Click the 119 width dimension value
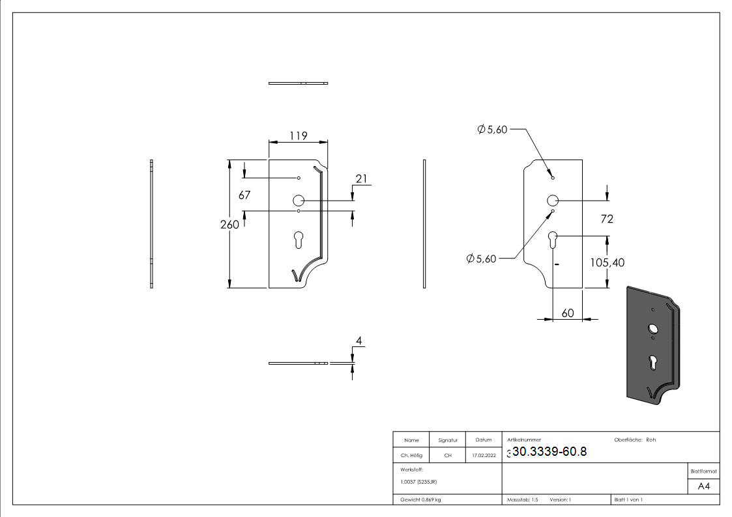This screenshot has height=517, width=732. [299, 136]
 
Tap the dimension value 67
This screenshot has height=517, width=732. [244, 195]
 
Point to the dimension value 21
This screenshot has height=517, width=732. [362, 178]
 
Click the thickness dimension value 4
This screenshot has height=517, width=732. [359, 341]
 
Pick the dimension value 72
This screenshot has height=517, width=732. [606, 219]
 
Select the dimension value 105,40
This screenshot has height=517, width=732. [607, 262]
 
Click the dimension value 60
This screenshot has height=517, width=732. [567, 313]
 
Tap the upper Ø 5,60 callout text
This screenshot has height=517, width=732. [492, 130]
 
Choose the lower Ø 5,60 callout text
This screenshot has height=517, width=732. [482, 258]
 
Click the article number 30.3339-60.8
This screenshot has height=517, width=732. [549, 452]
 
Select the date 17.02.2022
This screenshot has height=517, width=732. [483, 456]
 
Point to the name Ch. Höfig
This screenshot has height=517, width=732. [411, 456]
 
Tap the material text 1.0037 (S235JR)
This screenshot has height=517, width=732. [418, 481]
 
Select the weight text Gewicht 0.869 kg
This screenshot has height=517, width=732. [420, 499]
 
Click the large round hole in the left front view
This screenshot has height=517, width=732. [299, 201]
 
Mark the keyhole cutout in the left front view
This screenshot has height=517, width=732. [299, 239]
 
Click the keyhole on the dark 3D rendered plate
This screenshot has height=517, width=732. [653, 362]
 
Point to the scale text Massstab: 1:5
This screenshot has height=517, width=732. [522, 499]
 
